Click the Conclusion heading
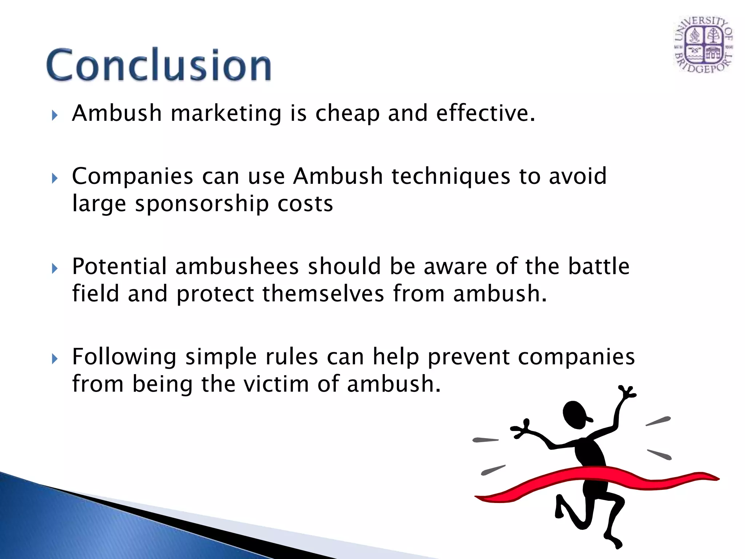click(x=159, y=65)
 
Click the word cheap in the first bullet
click(x=347, y=113)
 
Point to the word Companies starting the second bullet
click(x=132, y=177)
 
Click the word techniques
click(x=451, y=177)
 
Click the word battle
click(x=599, y=266)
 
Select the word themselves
click(x=323, y=294)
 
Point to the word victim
click(x=276, y=384)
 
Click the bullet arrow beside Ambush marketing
click(x=55, y=116)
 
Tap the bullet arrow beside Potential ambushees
click(x=55, y=269)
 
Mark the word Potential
click(x=119, y=266)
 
